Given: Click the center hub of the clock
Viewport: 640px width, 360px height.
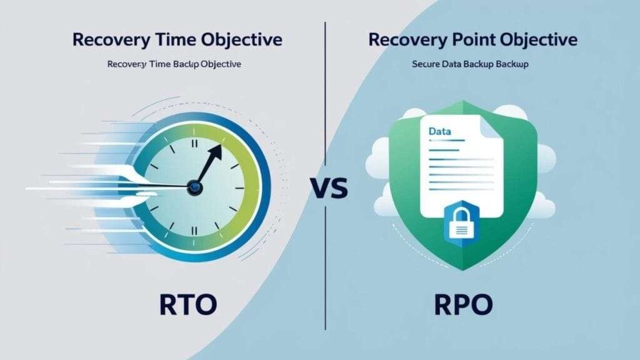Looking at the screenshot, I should (196, 186).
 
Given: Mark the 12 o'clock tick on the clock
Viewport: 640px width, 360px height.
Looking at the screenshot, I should (195, 143).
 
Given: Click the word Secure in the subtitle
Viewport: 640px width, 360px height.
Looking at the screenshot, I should (427, 64).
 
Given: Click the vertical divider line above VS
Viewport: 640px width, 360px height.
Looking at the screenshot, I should (326, 94).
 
